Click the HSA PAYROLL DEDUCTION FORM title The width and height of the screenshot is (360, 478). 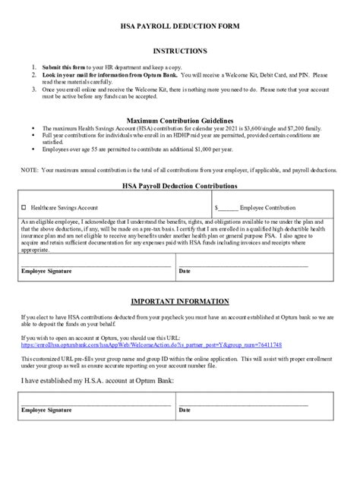[x=180, y=26]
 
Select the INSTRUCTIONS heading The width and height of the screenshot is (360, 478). [x=180, y=51]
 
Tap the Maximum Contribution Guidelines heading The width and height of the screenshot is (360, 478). [x=180, y=120]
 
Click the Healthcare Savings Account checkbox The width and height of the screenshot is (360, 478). [x=24, y=206]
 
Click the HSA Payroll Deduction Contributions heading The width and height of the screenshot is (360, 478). [x=180, y=185]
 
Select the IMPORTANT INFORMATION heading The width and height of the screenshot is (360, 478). [x=180, y=301]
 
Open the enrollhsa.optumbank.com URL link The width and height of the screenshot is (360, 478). [x=151, y=344]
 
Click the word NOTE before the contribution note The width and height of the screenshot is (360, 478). [x=29, y=171]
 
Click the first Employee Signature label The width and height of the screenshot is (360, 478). [x=46, y=271]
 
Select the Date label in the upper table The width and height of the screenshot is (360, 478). [x=184, y=271]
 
